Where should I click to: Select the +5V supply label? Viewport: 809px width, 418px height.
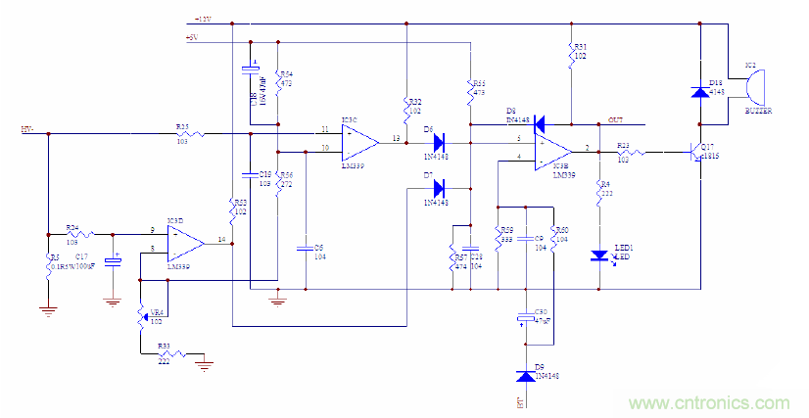[x=193, y=39]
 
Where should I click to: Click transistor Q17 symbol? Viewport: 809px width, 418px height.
[x=697, y=154]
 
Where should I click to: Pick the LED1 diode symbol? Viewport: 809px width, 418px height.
[x=598, y=255]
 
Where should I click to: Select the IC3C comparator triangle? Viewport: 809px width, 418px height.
[x=358, y=140]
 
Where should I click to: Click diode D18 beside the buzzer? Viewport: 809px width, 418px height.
[x=700, y=92]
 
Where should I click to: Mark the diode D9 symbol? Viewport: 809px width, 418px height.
[x=525, y=376]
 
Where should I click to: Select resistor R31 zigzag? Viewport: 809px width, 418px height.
[x=570, y=56]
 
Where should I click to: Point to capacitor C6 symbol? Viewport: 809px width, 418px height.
[x=307, y=248]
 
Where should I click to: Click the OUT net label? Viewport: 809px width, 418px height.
[x=615, y=119]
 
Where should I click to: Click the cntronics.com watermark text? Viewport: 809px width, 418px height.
[x=709, y=402]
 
